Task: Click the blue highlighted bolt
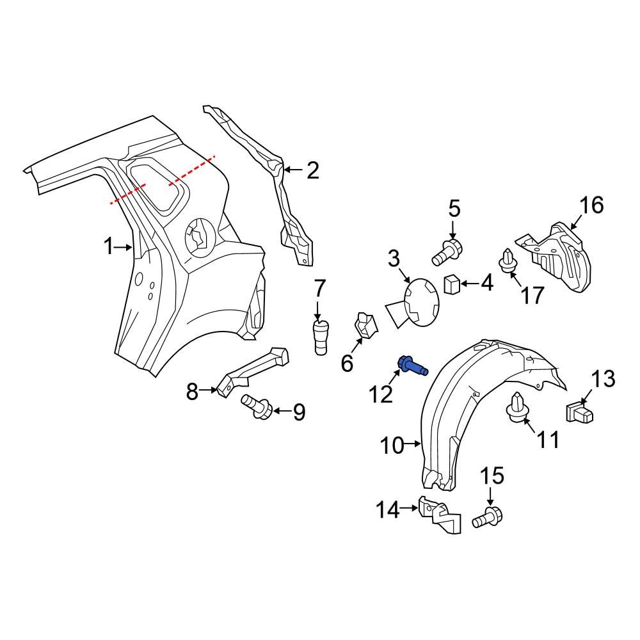click(x=412, y=365)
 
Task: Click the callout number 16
click(x=591, y=205)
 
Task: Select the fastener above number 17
click(x=508, y=262)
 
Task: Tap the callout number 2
click(x=312, y=170)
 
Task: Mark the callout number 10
click(x=394, y=444)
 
